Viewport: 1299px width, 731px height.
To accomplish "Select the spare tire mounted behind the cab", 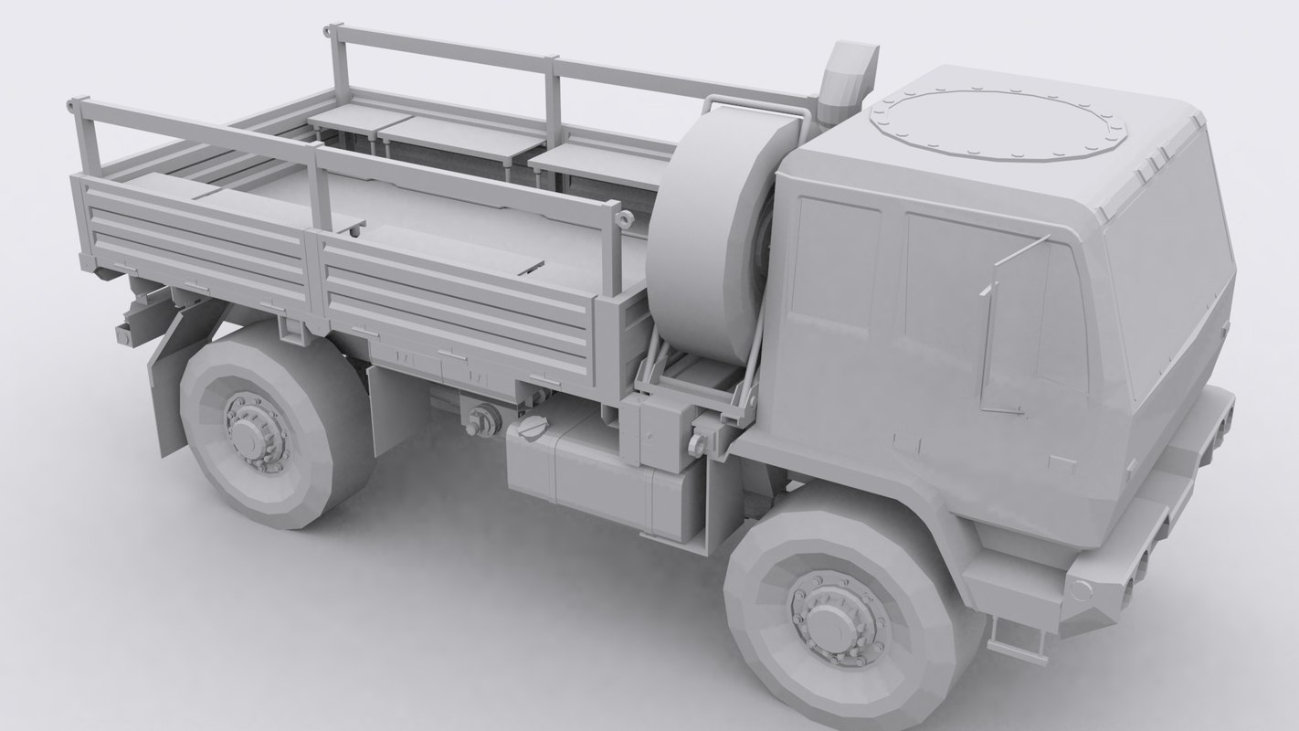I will (x=711, y=228).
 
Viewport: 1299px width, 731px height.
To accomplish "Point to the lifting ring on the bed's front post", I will (x=625, y=219).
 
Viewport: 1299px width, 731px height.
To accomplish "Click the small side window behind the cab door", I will (x=834, y=265).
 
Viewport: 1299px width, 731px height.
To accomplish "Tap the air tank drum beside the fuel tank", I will (x=483, y=420).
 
